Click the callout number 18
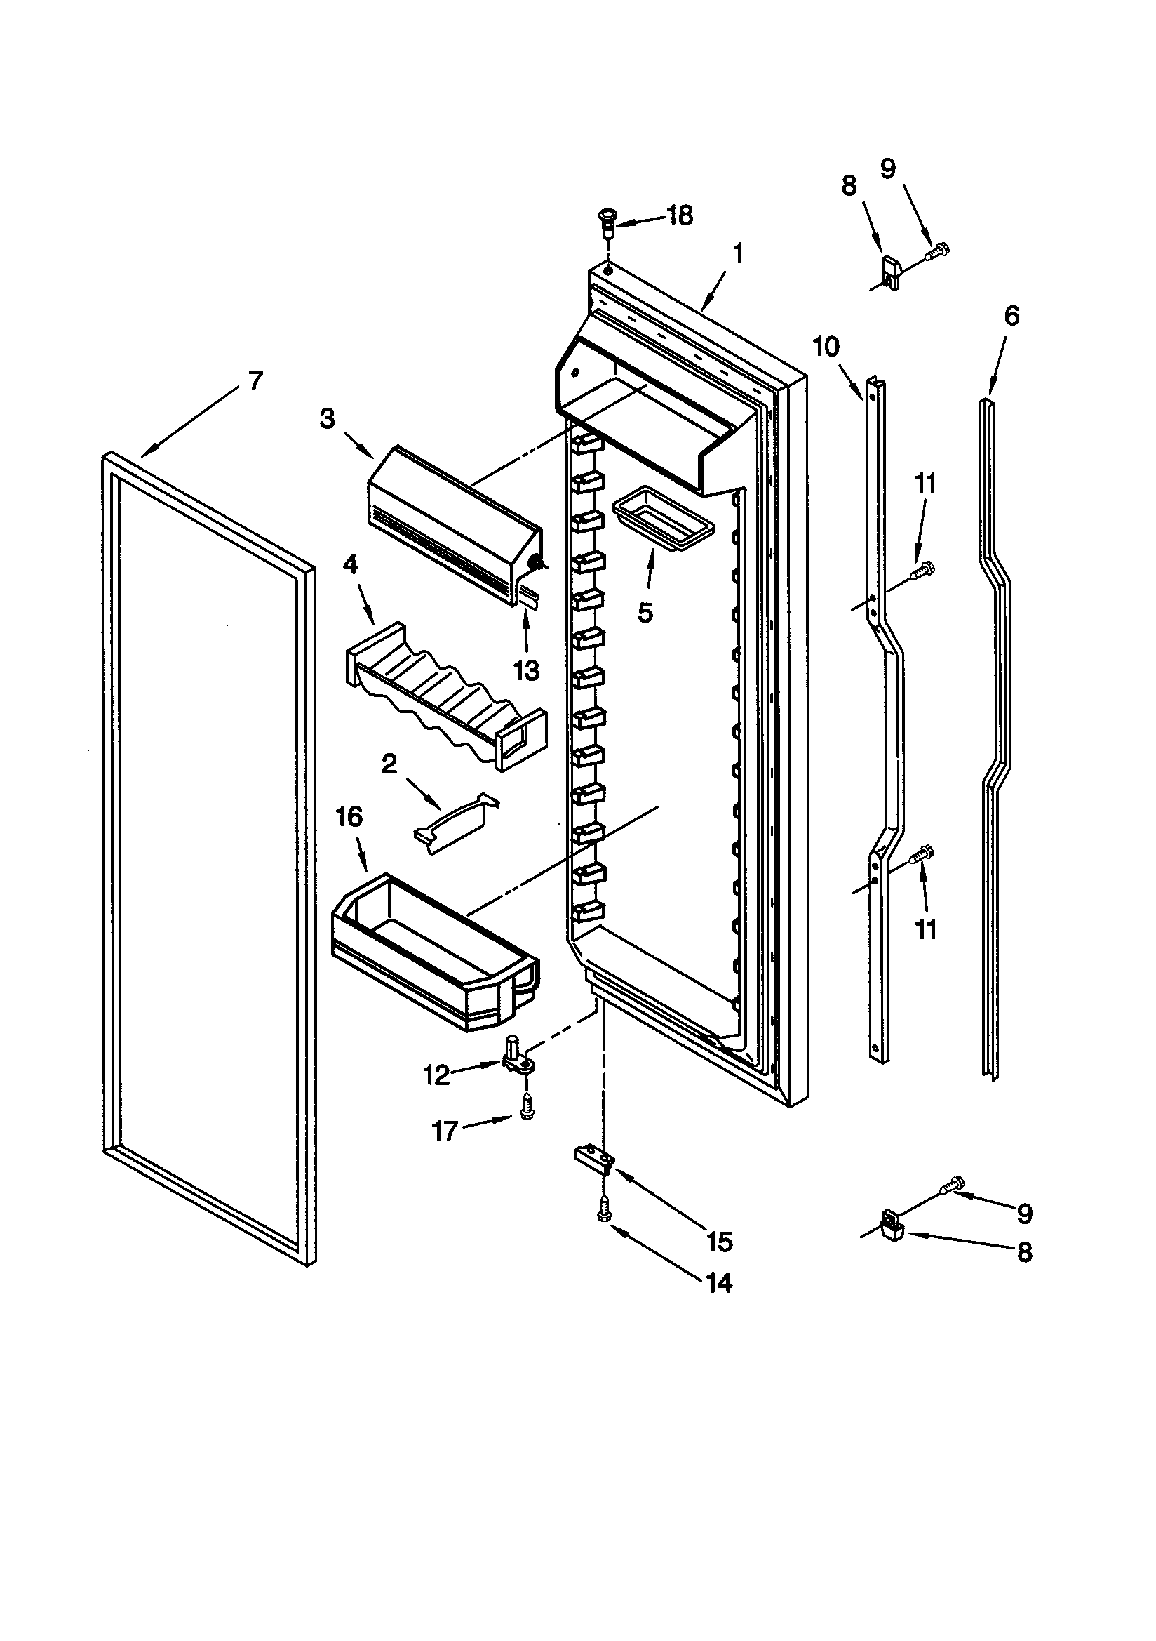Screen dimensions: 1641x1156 click(680, 215)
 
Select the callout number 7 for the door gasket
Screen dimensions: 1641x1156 click(255, 380)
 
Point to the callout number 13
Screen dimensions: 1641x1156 click(527, 671)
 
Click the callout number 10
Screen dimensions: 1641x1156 click(826, 347)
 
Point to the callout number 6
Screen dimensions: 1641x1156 click(1011, 316)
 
